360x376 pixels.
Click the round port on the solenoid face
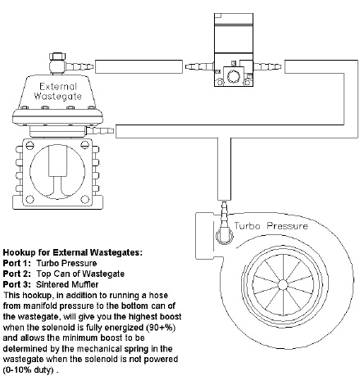click(234, 75)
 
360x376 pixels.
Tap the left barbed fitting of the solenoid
click(197, 63)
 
